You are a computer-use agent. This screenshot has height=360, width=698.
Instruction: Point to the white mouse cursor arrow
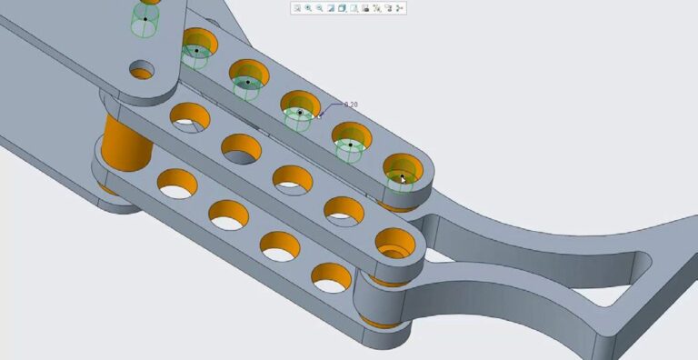pyautogui.click(x=404, y=179)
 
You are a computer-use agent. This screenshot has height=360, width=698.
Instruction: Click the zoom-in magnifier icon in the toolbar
pyautogui.click(x=308, y=8)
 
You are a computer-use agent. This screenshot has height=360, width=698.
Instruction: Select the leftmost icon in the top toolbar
pyautogui.click(x=297, y=8)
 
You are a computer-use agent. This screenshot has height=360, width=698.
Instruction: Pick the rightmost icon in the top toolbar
pyautogui.click(x=400, y=8)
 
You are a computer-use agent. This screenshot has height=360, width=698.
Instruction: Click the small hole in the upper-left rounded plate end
pyautogui.click(x=142, y=70)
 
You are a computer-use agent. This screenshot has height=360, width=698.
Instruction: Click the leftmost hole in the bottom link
pyautogui.click(x=177, y=184)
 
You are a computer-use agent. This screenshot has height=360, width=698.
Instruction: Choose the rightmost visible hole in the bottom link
pyautogui.click(x=331, y=276)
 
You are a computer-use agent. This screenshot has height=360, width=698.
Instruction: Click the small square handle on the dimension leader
pyautogui.click(x=321, y=115)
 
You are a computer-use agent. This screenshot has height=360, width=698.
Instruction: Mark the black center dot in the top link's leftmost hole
pyautogui.click(x=196, y=51)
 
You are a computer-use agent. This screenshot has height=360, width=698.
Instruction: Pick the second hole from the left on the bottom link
pyautogui.click(x=228, y=215)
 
